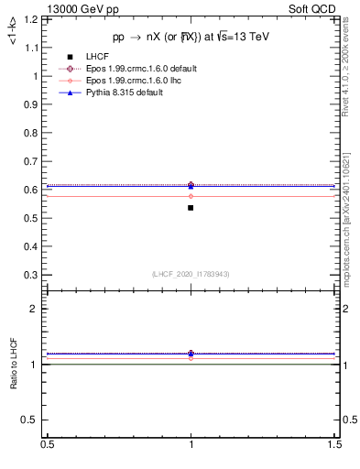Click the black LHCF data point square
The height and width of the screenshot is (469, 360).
click(191, 208)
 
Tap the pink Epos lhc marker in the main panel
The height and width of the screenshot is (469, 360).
click(191, 196)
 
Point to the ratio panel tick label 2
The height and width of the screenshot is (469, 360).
click(34, 310)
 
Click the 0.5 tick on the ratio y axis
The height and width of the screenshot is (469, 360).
click(32, 420)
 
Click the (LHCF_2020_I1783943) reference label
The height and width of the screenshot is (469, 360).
click(190, 274)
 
